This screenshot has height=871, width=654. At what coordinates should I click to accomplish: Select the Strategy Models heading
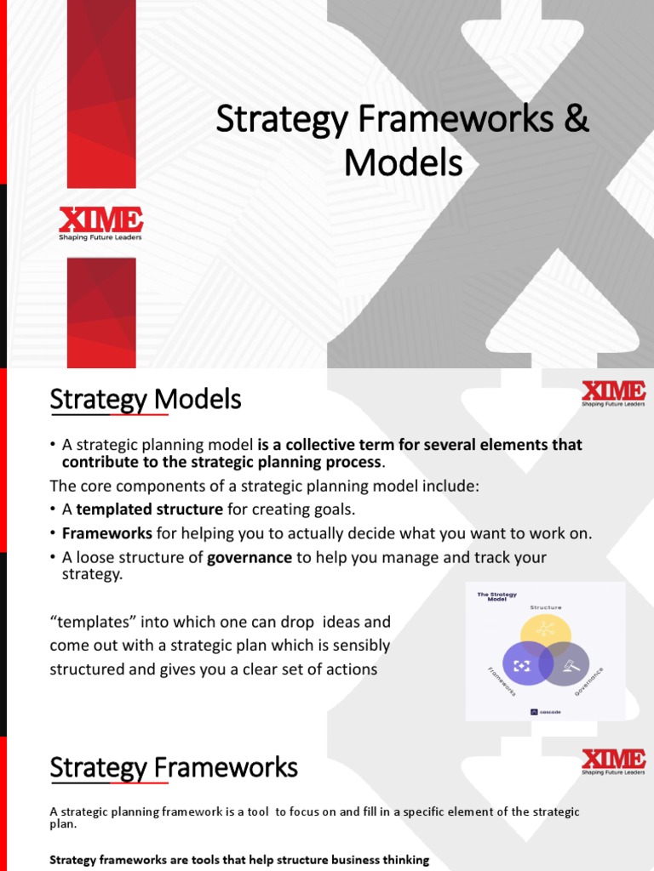point(146,399)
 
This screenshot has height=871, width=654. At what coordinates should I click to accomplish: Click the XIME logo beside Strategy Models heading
point(613,393)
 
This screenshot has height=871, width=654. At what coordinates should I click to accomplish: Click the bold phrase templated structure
point(149,510)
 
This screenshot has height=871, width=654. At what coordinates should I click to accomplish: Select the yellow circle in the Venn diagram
point(545,635)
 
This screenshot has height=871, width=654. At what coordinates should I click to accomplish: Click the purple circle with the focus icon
point(522,664)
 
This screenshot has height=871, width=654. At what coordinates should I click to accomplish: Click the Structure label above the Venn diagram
point(545,607)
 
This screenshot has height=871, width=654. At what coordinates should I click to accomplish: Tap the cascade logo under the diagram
point(545,712)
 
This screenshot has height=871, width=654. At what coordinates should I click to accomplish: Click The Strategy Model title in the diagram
point(496,597)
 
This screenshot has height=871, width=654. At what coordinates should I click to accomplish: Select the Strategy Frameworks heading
point(174,768)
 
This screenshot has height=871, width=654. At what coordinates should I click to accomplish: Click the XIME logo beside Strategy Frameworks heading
point(613,760)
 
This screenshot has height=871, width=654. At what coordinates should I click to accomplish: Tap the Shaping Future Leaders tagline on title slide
point(100,237)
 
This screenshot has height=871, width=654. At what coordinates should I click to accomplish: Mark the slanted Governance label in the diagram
point(589,682)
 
